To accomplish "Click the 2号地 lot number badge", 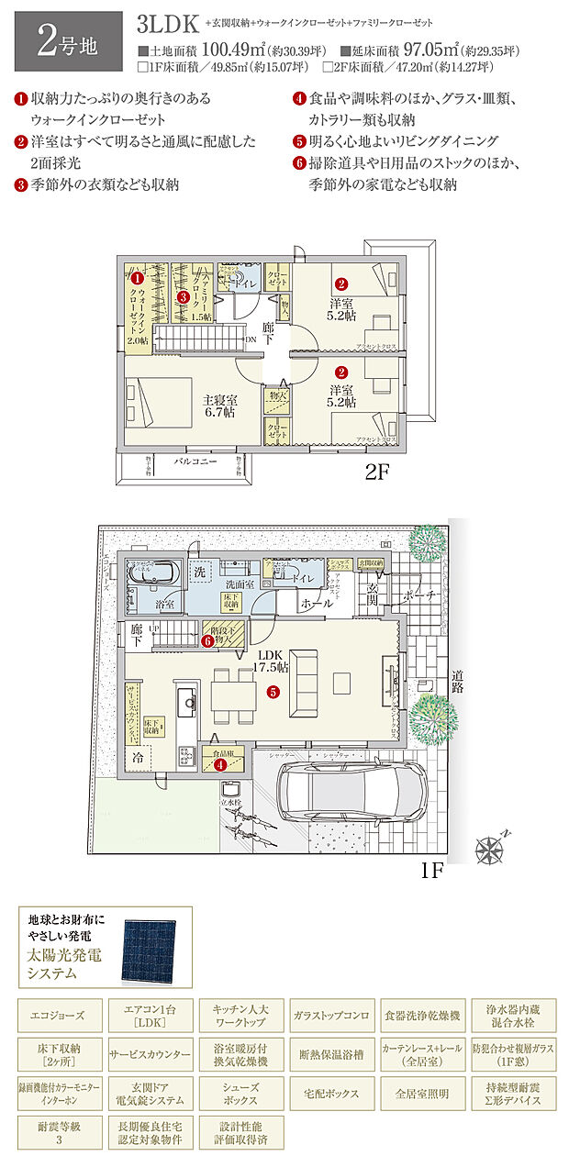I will coord(62,43).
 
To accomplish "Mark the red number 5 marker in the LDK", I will coord(273,693).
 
